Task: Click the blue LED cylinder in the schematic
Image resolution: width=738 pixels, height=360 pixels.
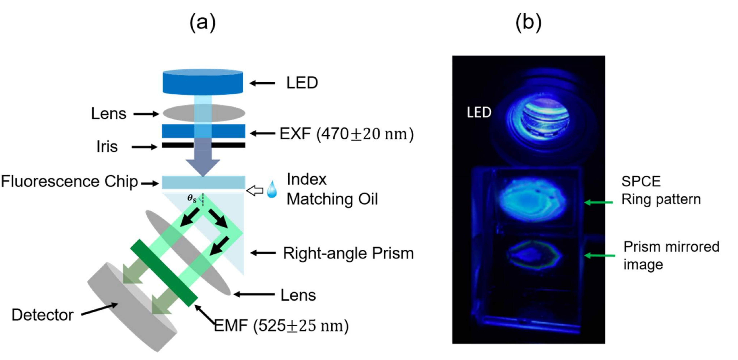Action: click(203, 83)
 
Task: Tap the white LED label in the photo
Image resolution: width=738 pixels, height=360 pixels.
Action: click(479, 112)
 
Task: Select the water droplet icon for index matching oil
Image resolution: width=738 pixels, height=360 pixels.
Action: click(272, 190)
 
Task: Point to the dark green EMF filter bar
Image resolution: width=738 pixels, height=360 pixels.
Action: click(164, 273)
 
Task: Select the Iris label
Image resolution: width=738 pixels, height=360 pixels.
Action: click(107, 147)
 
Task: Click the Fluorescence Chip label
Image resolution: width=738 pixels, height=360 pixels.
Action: click(69, 182)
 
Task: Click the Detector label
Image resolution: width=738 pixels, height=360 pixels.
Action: click(42, 315)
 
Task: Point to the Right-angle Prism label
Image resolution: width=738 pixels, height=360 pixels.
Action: click(348, 253)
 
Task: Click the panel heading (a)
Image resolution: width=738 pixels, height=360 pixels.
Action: click(203, 22)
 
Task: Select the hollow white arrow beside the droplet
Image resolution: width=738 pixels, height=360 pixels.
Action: click(255, 190)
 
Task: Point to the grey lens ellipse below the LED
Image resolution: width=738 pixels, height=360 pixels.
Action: click(178, 113)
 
